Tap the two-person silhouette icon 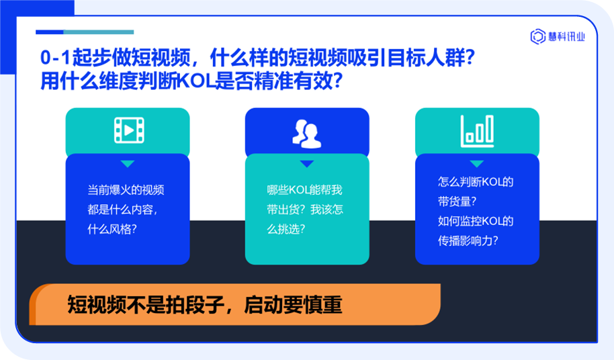(306, 134)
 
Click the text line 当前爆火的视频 (126, 190)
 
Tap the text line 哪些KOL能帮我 (304, 190)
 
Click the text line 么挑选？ (286, 228)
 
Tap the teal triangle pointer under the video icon (128, 164)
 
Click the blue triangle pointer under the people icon (307, 164)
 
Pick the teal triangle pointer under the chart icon (477, 164)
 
